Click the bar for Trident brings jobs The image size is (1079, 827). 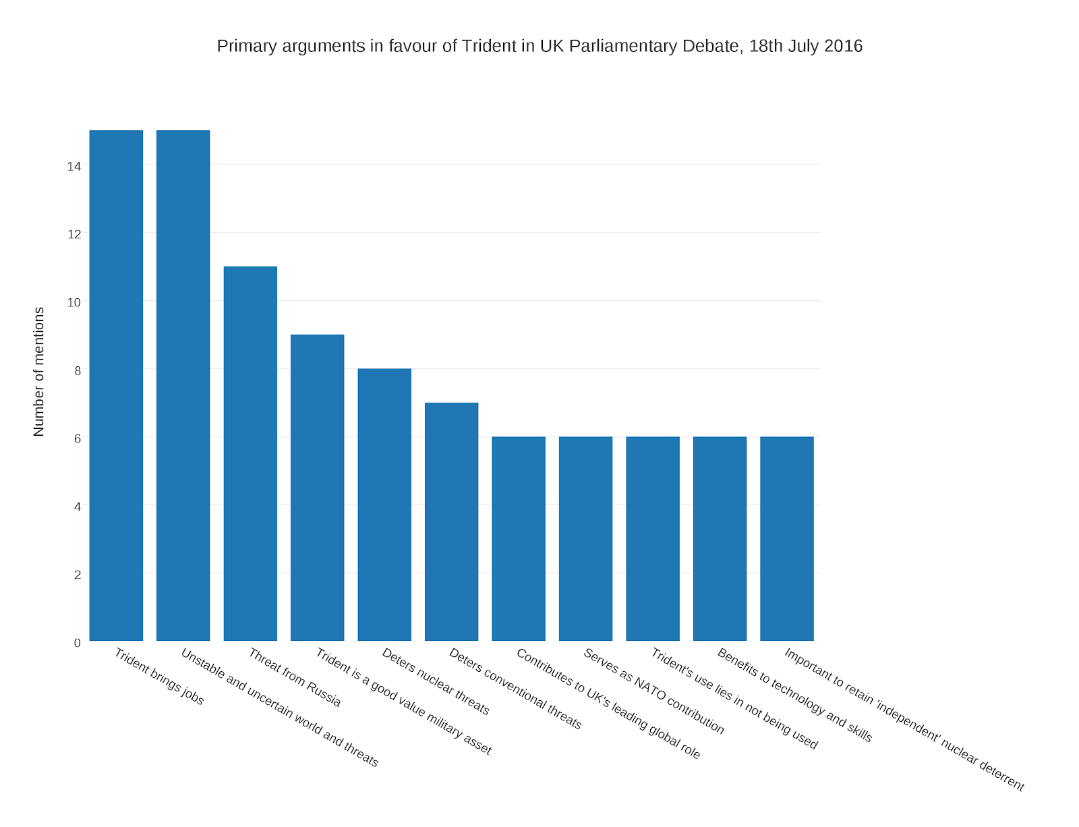pyautogui.click(x=116, y=385)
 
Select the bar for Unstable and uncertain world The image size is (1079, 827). pyautogui.click(x=183, y=385)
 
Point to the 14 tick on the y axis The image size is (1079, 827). pyautogui.click(x=74, y=166)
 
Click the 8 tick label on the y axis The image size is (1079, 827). pyautogui.click(x=78, y=370)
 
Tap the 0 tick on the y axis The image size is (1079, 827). pyautogui.click(x=78, y=643)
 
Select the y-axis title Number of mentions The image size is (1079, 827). pyautogui.click(x=38, y=372)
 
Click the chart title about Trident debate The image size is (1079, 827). pyautogui.click(x=539, y=46)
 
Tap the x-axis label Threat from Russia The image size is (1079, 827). pyautogui.click(x=295, y=677)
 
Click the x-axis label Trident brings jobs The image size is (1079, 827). pyautogui.click(x=159, y=677)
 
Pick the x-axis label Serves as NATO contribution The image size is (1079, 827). pyautogui.click(x=653, y=691)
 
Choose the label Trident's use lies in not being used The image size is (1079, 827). pyautogui.click(x=734, y=699)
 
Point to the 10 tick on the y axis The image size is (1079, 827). pyautogui.click(x=74, y=302)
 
